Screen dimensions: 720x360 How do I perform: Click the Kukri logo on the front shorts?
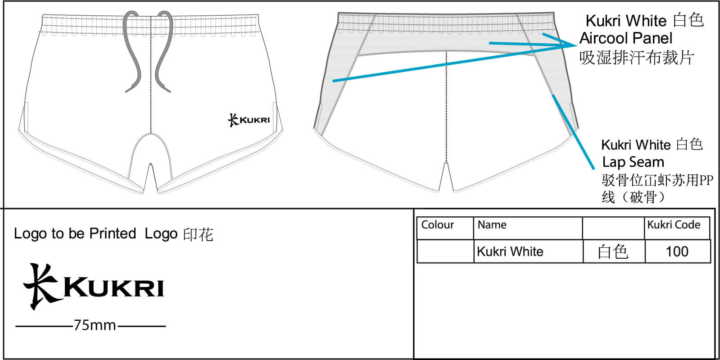[249, 120]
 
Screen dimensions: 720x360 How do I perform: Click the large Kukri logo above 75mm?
[94, 286]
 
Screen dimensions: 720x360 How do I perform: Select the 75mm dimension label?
[95, 325]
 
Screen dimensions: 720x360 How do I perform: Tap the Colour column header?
[438, 224]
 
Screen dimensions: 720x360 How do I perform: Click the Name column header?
[492, 224]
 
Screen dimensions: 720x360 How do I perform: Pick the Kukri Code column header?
[674, 224]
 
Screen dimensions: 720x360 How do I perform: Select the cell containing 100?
[677, 251]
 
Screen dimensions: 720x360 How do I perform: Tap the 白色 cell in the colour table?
[613, 251]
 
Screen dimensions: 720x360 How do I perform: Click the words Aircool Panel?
[626, 38]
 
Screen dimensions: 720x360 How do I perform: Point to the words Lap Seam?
[633, 162]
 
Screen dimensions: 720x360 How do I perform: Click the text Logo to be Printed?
[75, 233]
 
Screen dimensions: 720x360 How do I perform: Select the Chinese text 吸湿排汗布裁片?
[637, 58]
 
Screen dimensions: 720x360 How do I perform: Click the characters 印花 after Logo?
[198, 234]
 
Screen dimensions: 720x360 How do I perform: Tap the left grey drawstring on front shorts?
[132, 51]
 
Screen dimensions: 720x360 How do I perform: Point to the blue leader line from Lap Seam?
[573, 132]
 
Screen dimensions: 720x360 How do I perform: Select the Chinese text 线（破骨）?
[633, 197]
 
